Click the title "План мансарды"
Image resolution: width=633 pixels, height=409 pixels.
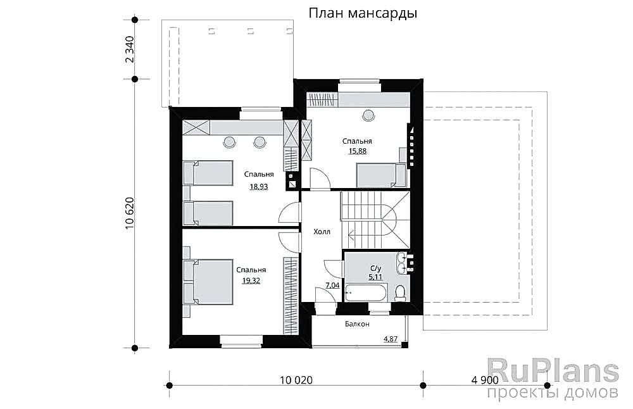point(363,14)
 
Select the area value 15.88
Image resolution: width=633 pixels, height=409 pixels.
point(357,151)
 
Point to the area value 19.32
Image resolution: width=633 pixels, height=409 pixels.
point(251,280)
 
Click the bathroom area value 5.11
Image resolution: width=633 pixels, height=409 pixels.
point(375,277)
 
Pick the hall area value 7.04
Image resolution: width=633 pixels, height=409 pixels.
point(332,286)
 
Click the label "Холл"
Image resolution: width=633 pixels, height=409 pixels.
point(322,232)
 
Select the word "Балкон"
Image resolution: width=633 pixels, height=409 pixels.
point(357,324)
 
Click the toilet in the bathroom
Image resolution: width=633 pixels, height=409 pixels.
point(399,292)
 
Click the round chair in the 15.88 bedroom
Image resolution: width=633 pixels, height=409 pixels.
point(368,115)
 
